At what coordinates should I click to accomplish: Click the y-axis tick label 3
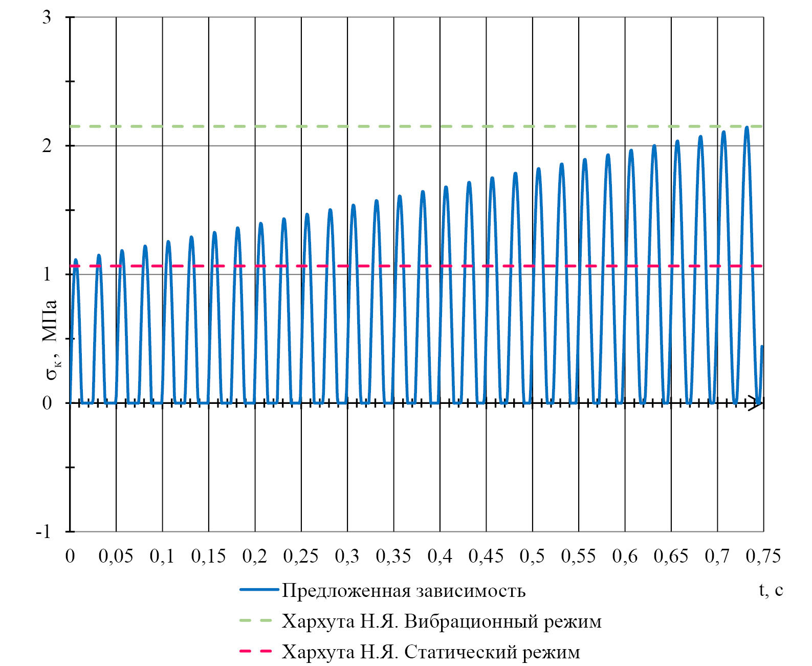(47, 17)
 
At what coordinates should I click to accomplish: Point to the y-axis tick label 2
(47, 146)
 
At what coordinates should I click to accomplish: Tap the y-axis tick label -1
(43, 532)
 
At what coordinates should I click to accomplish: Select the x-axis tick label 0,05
(116, 556)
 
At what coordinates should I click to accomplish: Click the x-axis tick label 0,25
(301, 556)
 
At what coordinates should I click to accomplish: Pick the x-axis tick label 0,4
(440, 556)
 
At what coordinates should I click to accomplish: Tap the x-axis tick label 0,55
(578, 556)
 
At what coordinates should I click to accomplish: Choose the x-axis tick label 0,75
(763, 556)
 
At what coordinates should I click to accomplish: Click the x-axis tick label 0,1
(162, 556)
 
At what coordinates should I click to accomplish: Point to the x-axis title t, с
(771, 590)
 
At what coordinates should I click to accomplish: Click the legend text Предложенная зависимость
(404, 591)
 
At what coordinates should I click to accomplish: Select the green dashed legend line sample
(256, 621)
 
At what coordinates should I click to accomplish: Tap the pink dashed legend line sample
(256, 652)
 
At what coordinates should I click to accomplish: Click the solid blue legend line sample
(259, 590)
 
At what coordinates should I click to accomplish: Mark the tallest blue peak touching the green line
(747, 127)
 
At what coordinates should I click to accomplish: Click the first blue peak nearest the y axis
(76, 260)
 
